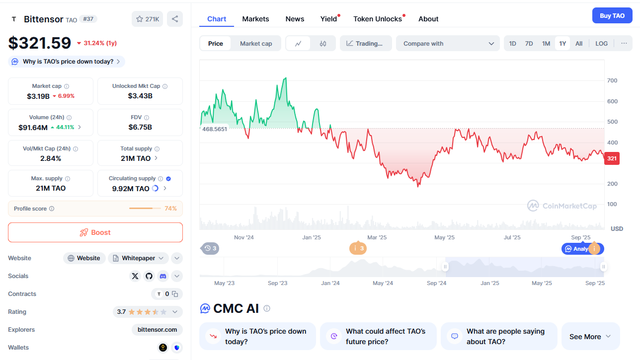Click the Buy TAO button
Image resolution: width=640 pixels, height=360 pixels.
pos(612,15)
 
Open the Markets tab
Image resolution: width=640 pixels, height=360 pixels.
pos(255,19)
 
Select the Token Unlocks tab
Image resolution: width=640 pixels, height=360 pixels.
pos(378,19)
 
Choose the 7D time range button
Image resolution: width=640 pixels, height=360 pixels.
pos(529,44)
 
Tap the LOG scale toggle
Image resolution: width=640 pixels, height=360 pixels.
pos(601,44)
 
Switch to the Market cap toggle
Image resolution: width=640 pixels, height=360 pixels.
pos(256,44)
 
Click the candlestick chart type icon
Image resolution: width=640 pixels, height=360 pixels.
pos(323,44)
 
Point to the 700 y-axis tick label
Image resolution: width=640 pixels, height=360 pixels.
pos(612,80)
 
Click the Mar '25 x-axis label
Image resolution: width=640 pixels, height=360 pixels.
pos(377,237)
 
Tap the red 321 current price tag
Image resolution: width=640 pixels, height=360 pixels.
pos(612,159)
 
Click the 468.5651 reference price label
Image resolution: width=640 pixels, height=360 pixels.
pos(215,129)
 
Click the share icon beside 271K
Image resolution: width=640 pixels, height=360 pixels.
pos(175,19)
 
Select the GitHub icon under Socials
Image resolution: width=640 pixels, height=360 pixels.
pos(149,276)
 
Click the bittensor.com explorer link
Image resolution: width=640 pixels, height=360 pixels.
pos(157,330)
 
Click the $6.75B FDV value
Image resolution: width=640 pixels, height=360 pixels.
pos(140,127)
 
